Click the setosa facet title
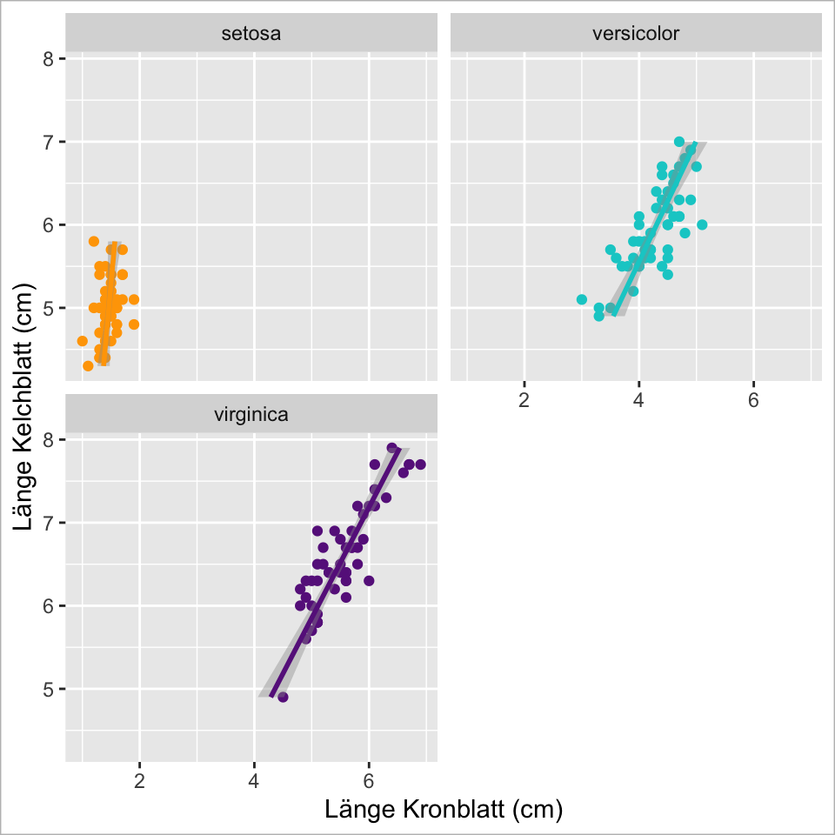coord(250,35)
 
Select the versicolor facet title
coord(635,35)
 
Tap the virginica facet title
coord(250,415)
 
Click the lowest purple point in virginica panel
coord(283,697)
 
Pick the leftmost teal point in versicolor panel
coord(582,299)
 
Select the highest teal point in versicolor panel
coord(679,142)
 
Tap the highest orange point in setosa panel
coord(94,241)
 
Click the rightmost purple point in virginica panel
coord(420,464)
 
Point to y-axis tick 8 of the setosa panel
coord(49,59)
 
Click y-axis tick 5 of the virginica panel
coord(49,689)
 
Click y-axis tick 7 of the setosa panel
coord(49,142)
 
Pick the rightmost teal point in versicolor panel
coord(702,224)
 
